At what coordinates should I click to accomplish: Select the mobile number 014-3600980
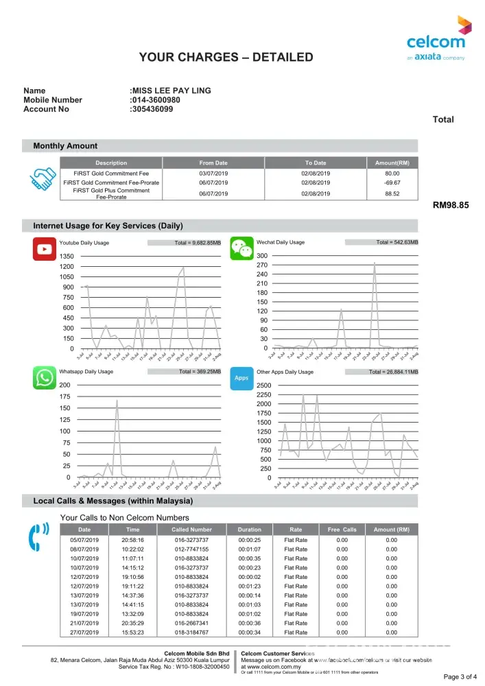[156, 100]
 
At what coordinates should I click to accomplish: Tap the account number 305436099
[152, 109]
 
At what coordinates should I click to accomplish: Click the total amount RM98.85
[451, 205]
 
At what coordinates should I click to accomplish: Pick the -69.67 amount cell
[392, 183]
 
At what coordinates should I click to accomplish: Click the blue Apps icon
[241, 378]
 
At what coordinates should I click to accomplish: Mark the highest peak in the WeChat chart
[375, 262]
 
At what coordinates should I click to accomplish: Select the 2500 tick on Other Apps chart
[264, 386]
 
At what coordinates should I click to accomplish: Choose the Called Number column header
[192, 530]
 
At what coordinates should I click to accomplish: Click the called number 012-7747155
[192, 549]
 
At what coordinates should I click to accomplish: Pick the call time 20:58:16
[133, 541]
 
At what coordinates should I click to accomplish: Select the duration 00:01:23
[250, 587]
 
